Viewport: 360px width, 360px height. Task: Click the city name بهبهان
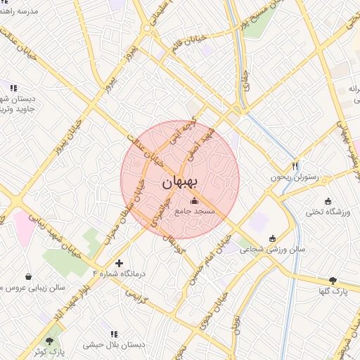tap(181, 182)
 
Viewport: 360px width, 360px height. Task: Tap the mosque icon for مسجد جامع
tap(194, 200)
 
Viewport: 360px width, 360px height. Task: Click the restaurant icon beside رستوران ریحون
tap(295, 167)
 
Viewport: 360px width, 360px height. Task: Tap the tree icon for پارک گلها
tap(333, 280)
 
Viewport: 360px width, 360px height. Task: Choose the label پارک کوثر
tap(51, 349)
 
